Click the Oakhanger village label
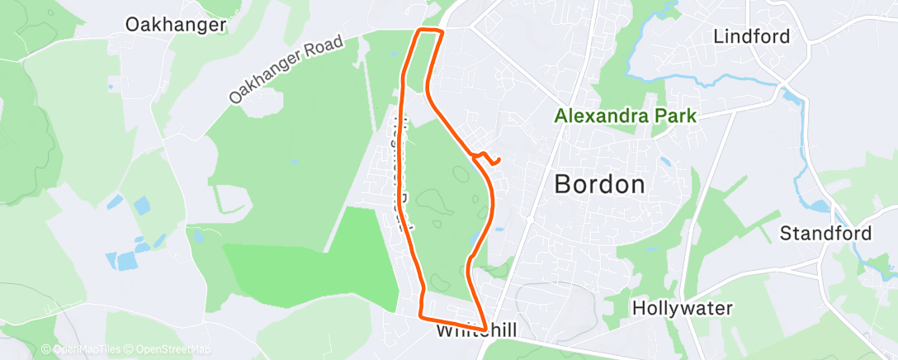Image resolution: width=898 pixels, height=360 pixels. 175,25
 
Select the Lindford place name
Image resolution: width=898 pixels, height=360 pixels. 751,36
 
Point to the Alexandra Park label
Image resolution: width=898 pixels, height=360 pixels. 626,116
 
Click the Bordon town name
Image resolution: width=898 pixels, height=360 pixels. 599,184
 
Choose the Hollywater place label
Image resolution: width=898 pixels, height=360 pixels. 683,309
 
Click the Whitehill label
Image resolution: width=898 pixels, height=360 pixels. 475,331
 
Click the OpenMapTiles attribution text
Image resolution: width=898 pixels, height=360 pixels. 87,349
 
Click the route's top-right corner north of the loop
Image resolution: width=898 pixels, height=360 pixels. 442,31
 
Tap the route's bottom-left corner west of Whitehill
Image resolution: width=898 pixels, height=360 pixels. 421,315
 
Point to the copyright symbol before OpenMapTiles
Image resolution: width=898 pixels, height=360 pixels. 46,349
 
